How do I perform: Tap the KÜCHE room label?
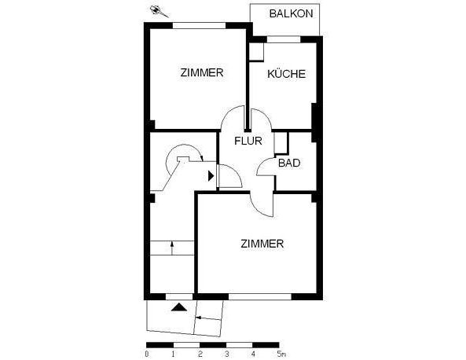pyautogui.click(x=285, y=75)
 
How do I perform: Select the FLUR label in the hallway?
pyautogui.click(x=248, y=142)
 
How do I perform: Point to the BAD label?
pyautogui.click(x=289, y=163)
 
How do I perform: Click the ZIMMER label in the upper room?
pyautogui.click(x=202, y=73)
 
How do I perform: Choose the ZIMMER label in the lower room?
pyautogui.click(x=262, y=244)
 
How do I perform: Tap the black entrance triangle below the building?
pyautogui.click(x=181, y=307)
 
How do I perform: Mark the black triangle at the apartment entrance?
pyautogui.click(x=210, y=177)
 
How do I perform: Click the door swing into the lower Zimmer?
pyautogui.click(x=260, y=204)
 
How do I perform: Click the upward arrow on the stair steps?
pyautogui.click(x=172, y=248)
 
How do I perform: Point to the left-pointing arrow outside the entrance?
pyautogui.click(x=197, y=318)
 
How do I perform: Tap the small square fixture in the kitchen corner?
pyautogui.click(x=256, y=51)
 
